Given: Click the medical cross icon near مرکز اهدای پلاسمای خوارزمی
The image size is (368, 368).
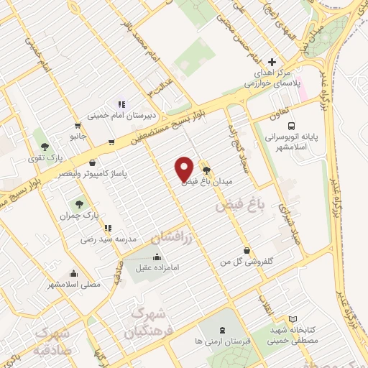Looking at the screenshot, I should (x=271, y=63).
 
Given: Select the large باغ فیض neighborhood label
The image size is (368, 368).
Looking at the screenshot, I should (x=240, y=205).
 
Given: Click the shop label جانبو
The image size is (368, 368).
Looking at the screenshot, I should (x=78, y=134).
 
